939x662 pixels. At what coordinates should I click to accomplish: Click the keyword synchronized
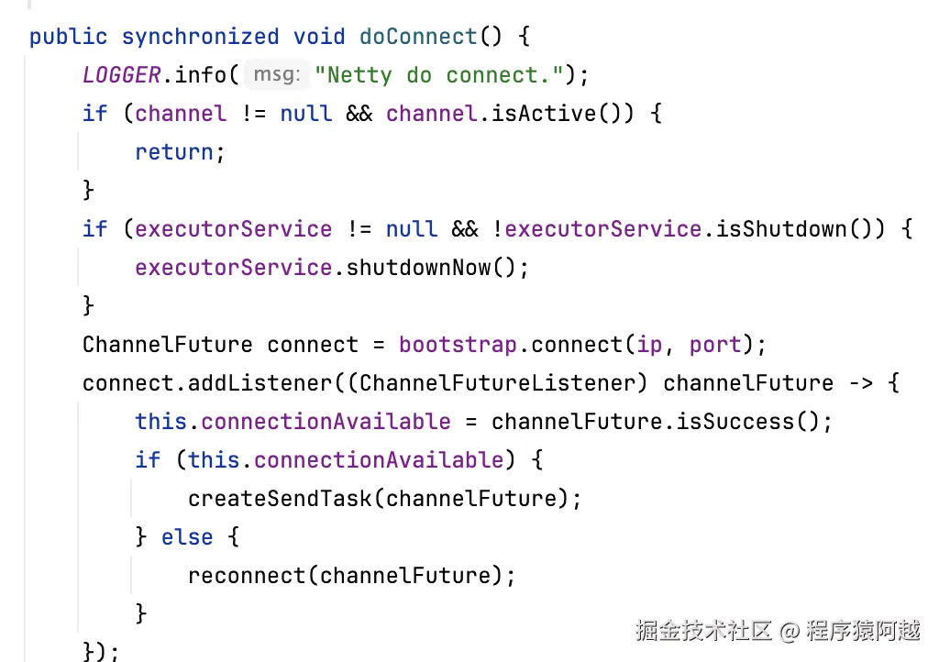200,37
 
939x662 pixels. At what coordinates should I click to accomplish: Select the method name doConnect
418,37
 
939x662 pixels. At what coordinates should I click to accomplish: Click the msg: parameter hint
276,75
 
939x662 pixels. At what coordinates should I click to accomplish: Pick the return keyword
174,152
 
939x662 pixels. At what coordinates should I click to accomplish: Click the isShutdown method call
783,229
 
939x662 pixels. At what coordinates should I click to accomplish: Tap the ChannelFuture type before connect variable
167,345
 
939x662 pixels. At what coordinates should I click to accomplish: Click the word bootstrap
458,345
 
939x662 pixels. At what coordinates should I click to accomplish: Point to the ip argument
648,345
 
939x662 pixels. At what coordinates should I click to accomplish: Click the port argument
715,345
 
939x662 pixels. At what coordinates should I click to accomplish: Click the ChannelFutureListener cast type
503,383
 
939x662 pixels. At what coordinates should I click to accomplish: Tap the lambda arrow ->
861,383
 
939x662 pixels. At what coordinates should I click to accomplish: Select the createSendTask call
282,499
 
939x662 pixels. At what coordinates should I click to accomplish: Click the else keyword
187,537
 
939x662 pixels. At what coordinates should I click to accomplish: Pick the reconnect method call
248,576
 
